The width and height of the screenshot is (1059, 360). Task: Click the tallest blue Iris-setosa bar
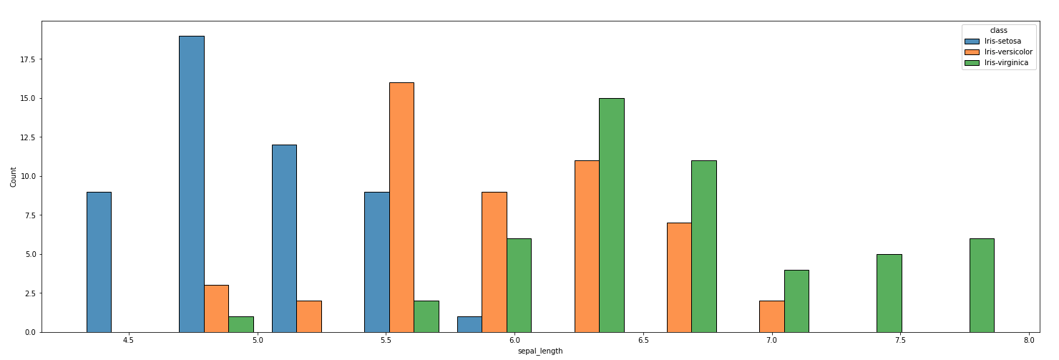click(191, 184)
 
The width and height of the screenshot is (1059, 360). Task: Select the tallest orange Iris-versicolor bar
click(401, 208)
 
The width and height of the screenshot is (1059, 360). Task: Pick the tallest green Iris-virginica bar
click(611, 215)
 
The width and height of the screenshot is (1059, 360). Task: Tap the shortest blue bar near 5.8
click(469, 324)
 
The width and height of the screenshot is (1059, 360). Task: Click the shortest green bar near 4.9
click(241, 324)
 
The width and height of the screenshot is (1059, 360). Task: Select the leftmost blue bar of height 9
click(99, 262)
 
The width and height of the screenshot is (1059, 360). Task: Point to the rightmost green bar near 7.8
click(982, 285)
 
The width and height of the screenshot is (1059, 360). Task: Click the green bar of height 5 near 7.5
click(889, 293)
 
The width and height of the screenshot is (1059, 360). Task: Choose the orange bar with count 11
click(587, 246)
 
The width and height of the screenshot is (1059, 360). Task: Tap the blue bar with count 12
click(284, 238)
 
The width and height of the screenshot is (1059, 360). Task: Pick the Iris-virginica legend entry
click(998, 63)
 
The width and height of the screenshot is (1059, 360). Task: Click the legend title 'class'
click(998, 30)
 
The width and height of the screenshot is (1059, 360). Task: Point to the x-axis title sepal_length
click(540, 351)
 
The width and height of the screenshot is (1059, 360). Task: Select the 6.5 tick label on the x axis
click(643, 341)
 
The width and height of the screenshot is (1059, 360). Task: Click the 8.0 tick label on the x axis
click(1028, 341)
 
